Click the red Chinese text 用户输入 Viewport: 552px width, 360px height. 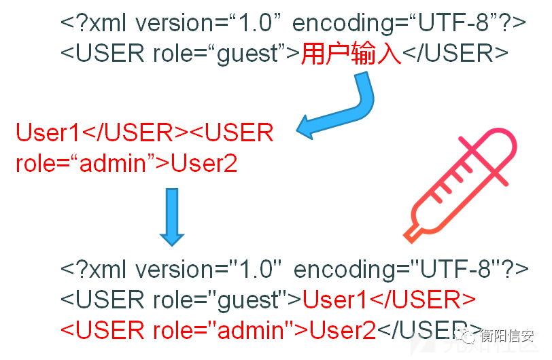(351, 54)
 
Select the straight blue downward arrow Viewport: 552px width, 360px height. (172, 217)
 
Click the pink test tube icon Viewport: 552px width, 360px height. (460, 185)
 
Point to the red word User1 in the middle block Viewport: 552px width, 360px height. (48, 132)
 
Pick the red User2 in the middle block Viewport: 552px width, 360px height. (204, 163)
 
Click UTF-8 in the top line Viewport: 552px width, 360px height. (453, 23)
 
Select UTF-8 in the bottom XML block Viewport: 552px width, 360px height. (455, 270)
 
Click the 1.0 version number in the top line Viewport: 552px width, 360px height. (255, 23)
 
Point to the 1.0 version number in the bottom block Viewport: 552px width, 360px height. (256, 270)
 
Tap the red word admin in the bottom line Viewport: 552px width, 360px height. (251, 330)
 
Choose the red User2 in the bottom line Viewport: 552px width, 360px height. (343, 330)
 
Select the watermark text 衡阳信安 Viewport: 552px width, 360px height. (507, 336)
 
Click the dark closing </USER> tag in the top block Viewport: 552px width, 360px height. (455, 54)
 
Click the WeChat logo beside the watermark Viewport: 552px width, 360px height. (466, 336)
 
